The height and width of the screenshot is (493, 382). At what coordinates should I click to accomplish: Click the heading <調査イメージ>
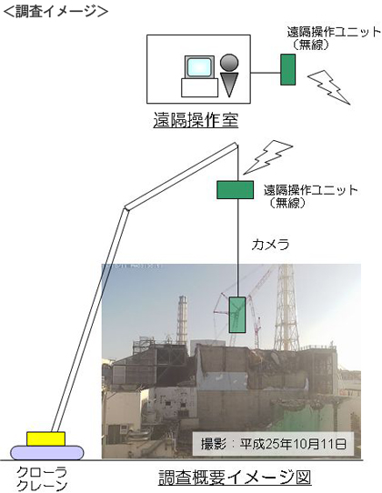tap(55, 11)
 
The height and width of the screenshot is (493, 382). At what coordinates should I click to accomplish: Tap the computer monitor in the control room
tap(199, 67)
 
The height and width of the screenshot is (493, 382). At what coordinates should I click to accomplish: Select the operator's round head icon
tap(229, 62)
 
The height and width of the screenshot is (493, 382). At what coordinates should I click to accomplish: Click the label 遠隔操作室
tap(196, 120)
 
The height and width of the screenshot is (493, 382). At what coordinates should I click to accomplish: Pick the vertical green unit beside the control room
tap(287, 69)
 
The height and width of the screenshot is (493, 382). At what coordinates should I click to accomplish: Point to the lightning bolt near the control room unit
tap(329, 87)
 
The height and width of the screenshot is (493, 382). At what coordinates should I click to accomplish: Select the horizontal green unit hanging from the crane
tap(236, 190)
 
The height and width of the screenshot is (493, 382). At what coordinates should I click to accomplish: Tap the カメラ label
tap(270, 245)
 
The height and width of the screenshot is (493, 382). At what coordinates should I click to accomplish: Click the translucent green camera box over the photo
tap(237, 315)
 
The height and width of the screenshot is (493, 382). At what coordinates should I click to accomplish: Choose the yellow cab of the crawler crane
tap(45, 439)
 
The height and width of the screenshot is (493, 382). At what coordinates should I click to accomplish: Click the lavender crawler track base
tap(47, 453)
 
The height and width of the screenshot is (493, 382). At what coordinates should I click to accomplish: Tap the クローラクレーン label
tap(42, 478)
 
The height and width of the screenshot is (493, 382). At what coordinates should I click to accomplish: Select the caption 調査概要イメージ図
tap(235, 478)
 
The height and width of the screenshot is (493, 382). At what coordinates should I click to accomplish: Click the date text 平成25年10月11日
tap(294, 444)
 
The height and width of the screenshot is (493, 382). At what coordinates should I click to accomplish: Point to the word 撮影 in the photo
tap(214, 444)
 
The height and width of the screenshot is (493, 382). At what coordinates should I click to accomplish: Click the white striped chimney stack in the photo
tap(182, 320)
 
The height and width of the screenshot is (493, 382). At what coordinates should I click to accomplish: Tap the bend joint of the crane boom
tap(126, 207)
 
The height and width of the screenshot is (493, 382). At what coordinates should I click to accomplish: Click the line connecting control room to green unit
tap(266, 73)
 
